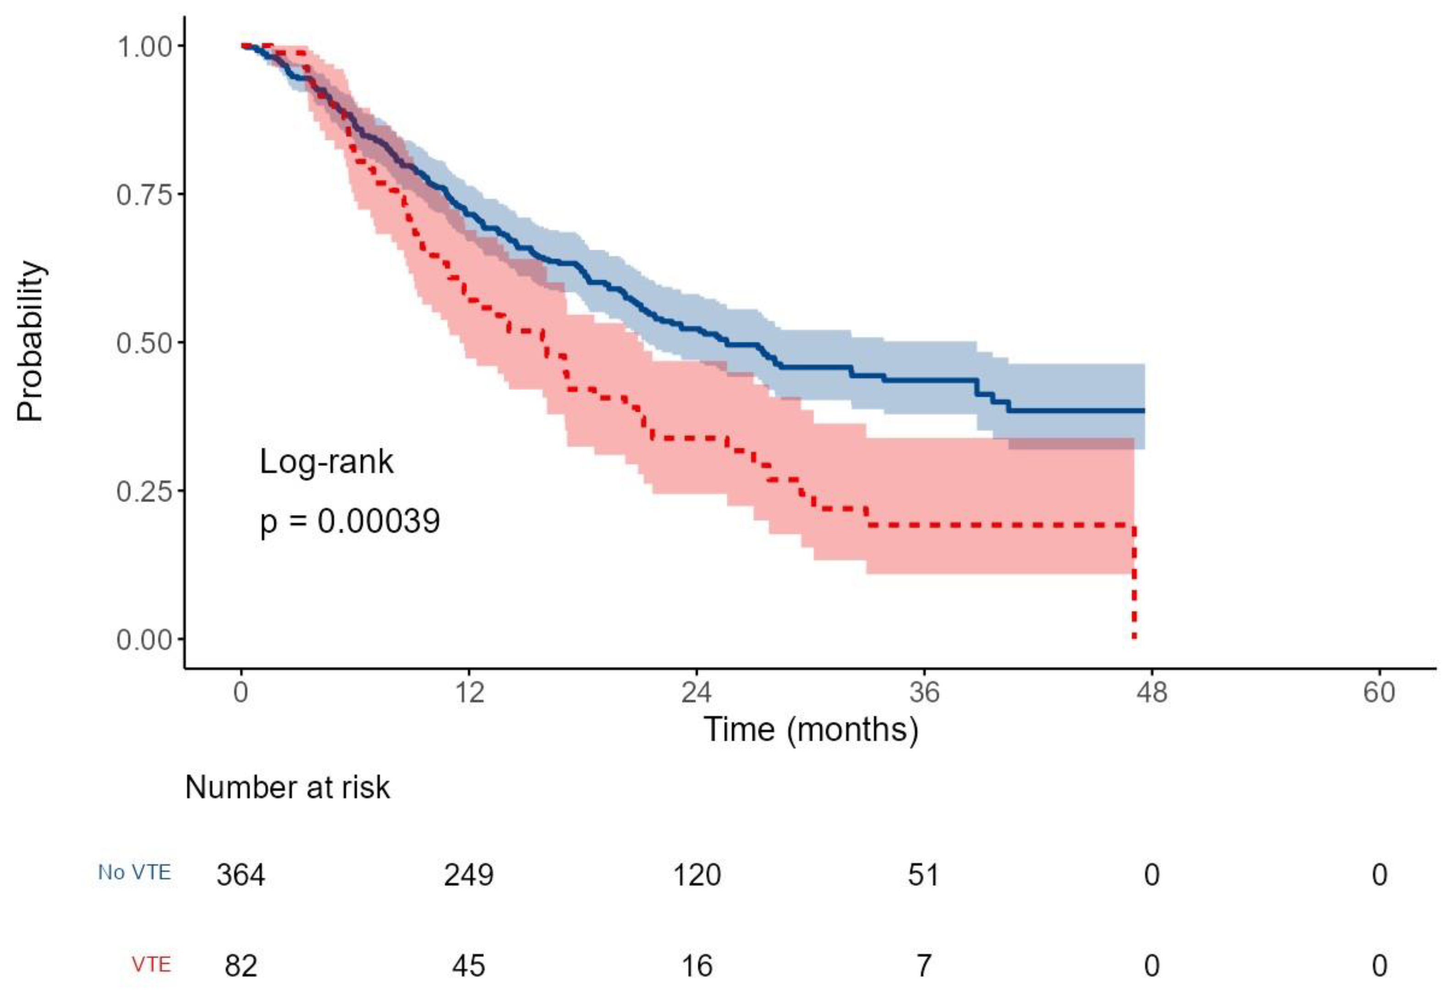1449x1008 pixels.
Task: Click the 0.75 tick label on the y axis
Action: (144, 194)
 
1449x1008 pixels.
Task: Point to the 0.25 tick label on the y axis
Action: (144, 491)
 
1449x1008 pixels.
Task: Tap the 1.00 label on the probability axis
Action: (144, 46)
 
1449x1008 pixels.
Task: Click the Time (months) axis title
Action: (811, 730)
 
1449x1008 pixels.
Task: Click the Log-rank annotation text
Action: (326, 462)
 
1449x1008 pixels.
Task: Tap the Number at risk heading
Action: (287, 787)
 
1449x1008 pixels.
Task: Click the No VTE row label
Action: (134, 873)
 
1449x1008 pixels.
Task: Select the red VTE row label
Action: (151, 964)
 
